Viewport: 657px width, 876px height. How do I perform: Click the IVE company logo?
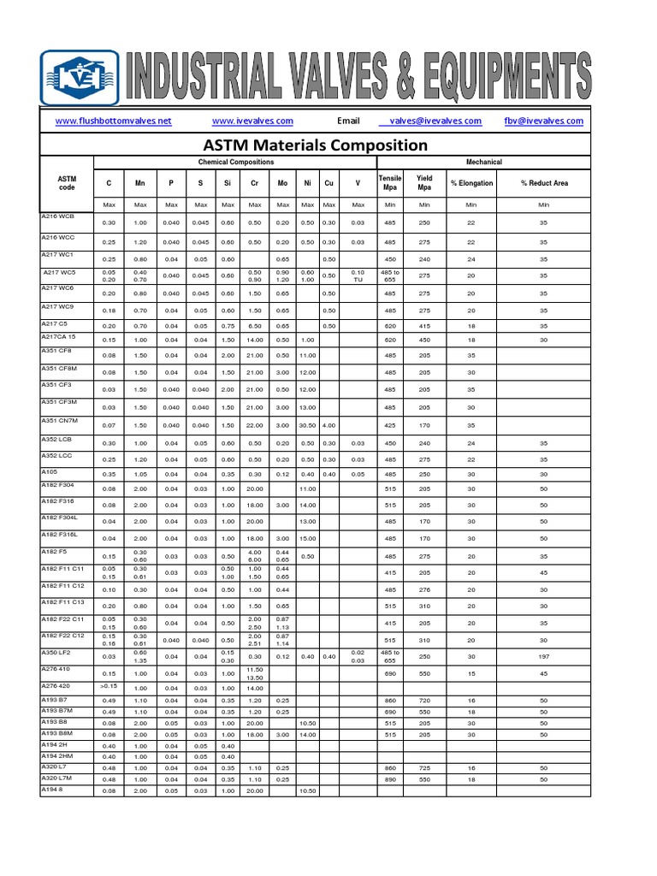click(80, 77)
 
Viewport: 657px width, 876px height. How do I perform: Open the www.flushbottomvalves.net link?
click(113, 121)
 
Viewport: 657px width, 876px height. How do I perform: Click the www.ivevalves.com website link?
click(252, 121)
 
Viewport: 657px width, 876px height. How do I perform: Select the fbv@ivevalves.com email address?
click(543, 121)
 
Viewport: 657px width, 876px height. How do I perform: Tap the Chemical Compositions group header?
click(236, 162)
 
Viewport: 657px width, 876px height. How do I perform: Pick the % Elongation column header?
click(471, 183)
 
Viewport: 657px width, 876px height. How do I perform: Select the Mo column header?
click(281, 183)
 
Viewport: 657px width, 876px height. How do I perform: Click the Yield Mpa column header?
click(424, 183)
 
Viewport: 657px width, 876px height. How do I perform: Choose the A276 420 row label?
click(57, 686)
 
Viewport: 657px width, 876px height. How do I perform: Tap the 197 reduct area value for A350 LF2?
click(543, 657)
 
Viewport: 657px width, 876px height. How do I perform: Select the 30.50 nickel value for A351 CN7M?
click(308, 425)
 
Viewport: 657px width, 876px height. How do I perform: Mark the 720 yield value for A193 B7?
click(424, 701)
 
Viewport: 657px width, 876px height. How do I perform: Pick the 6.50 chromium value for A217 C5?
click(254, 326)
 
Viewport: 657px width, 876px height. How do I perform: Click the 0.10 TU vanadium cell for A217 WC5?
click(358, 276)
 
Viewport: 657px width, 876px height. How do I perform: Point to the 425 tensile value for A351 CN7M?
click(390, 425)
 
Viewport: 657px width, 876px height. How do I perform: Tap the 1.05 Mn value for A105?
click(140, 474)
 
